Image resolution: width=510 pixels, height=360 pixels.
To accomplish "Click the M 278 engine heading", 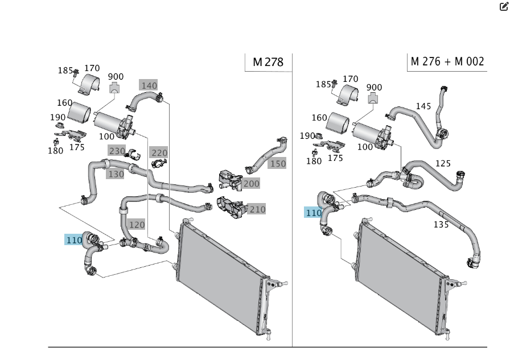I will point(268,62).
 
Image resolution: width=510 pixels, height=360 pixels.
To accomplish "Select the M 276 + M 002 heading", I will point(447,61).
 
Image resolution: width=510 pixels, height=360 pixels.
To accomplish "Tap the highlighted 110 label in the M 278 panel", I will point(74,240).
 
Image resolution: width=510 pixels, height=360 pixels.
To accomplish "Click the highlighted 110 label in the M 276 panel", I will point(314,213).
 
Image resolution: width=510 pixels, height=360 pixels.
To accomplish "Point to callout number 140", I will point(148,86).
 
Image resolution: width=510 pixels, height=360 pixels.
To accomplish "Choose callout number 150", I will point(277,164).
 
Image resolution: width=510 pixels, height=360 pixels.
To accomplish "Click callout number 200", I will point(251,184).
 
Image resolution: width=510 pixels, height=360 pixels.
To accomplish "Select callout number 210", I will point(257,209).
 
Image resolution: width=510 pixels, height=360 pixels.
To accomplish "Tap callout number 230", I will point(117,151).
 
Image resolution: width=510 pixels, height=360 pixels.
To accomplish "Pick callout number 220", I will point(159,152).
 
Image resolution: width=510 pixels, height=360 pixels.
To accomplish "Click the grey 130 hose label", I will point(116,174).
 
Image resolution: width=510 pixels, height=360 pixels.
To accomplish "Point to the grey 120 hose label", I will point(137,224).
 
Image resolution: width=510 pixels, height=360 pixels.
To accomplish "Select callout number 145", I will point(423,106).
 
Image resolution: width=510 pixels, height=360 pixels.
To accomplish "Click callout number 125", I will point(443,164).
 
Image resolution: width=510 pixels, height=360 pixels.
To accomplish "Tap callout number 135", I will point(441,224).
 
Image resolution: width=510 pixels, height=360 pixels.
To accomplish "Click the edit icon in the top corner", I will point(503,7).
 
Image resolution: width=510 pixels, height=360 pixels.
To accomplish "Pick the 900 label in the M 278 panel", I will point(116,77).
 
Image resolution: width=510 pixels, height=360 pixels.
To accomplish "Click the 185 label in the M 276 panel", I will point(323,84).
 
